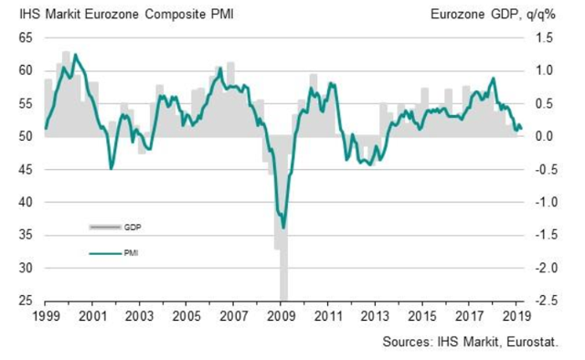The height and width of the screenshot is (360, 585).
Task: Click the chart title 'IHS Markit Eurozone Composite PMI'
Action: pos(126,15)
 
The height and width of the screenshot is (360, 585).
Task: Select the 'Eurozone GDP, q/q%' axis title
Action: pos(493,15)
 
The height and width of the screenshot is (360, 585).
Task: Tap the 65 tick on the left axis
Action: pos(26,38)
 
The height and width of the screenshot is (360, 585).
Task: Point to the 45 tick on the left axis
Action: pos(26,170)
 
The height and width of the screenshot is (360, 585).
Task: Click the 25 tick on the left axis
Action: pos(26,301)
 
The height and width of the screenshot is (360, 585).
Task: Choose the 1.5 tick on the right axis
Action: pos(545,38)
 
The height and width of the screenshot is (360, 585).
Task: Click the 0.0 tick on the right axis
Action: pos(545,136)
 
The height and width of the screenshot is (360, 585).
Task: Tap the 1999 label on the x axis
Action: pos(46,316)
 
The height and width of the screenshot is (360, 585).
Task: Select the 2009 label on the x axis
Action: pos(281,316)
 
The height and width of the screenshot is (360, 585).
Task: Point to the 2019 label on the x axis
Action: pos(516,316)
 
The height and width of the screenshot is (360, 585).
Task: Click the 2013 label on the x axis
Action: pos(375,316)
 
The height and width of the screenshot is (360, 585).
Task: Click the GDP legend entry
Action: pos(115,228)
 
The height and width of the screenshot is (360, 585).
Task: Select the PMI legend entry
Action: pos(113,253)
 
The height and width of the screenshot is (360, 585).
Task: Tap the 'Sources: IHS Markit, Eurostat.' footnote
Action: pos(471,342)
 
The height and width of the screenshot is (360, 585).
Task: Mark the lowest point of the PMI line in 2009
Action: pos(283,228)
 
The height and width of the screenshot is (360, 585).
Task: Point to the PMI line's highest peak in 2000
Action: pos(75,55)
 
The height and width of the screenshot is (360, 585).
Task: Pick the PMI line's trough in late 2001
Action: pos(111,169)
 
